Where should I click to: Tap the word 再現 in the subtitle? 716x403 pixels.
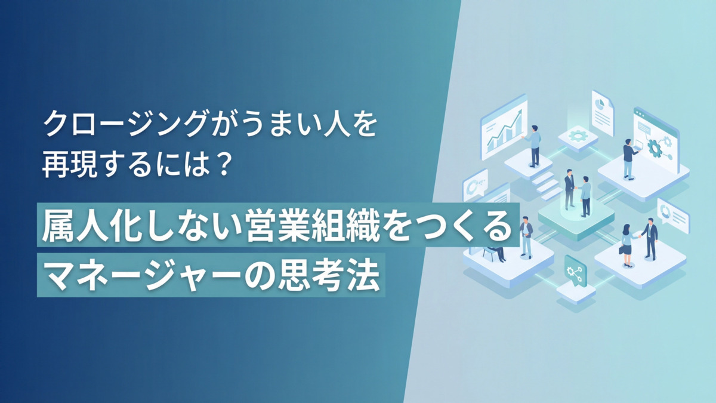(59, 164)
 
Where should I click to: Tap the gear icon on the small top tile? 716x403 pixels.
(578, 136)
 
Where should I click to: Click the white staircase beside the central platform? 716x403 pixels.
(546, 184)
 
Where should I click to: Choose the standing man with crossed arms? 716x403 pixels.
(526, 235)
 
